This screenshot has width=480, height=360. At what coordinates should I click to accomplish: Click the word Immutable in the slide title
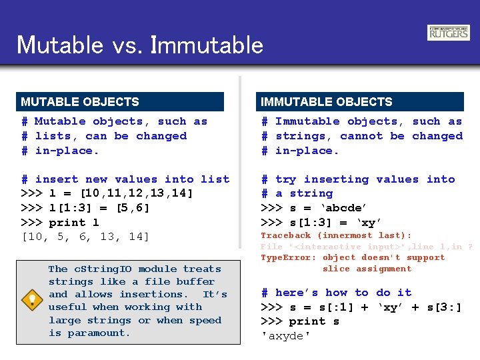(x=207, y=45)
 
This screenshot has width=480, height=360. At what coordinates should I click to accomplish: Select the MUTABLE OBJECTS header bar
(x=120, y=102)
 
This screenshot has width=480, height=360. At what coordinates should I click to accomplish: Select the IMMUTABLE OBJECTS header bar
(x=360, y=102)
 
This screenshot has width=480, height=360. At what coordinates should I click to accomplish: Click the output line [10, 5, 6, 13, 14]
(x=86, y=237)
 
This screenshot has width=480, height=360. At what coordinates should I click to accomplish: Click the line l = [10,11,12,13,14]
(x=107, y=194)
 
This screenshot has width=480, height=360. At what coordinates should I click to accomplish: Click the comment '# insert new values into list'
(x=125, y=179)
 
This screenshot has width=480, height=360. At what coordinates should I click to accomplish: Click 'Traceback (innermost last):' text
(x=336, y=235)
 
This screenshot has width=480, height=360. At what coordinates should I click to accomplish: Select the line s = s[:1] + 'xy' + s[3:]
(x=360, y=307)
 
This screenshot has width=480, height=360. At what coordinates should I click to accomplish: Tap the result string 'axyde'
(x=285, y=336)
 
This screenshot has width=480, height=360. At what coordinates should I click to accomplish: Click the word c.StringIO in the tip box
(x=101, y=269)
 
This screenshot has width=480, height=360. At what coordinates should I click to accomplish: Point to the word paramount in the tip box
(x=99, y=333)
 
